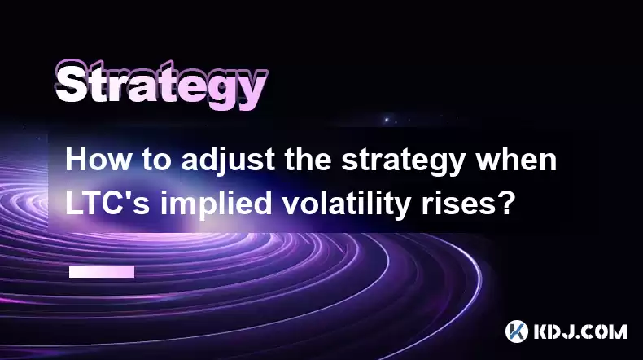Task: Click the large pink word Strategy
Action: coord(161,86)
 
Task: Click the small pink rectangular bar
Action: coord(102,271)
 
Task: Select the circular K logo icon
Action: coord(517,331)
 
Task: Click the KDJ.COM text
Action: coord(580,331)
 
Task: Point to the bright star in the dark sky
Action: coord(387,120)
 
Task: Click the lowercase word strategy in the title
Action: coord(403,161)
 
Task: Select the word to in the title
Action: coord(156,160)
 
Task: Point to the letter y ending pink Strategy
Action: coord(252,91)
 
